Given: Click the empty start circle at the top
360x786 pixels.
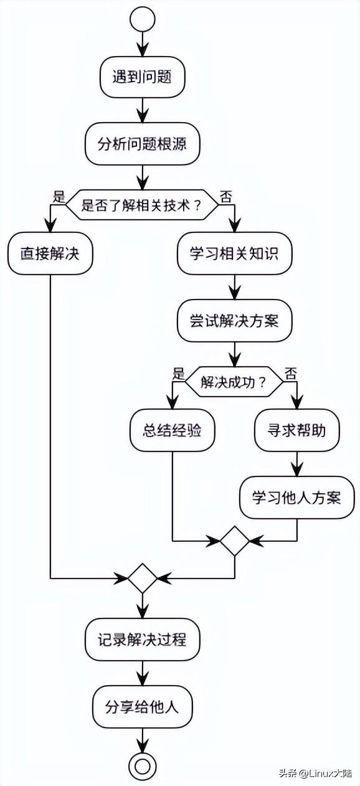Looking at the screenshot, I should [143, 19].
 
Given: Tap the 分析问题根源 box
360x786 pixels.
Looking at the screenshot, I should [143, 144].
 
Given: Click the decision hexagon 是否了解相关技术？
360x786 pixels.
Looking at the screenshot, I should [142, 205].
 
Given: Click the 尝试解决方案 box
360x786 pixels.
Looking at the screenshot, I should [234, 321].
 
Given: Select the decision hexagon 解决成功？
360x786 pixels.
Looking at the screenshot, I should [234, 382].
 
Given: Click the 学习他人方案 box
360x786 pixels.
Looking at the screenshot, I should [296, 498].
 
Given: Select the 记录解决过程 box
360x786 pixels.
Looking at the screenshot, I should [143, 640].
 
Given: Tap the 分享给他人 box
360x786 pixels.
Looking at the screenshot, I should [143, 706].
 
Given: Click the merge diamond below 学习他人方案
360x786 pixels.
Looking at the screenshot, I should [234, 541].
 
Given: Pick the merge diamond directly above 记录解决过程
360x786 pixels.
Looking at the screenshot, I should [143, 578].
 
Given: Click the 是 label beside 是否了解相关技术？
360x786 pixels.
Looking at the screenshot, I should [59, 197].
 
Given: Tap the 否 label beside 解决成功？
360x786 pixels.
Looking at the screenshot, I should [291, 374].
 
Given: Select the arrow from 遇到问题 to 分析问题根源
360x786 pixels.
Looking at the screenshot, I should [143, 111].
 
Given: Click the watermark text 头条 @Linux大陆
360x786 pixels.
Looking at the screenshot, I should [315, 774].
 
